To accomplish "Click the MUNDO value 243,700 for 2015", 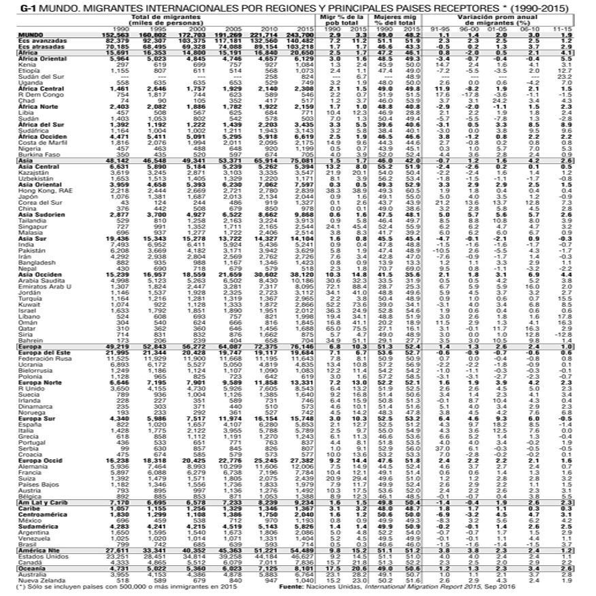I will pyautogui.click(x=301, y=34).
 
